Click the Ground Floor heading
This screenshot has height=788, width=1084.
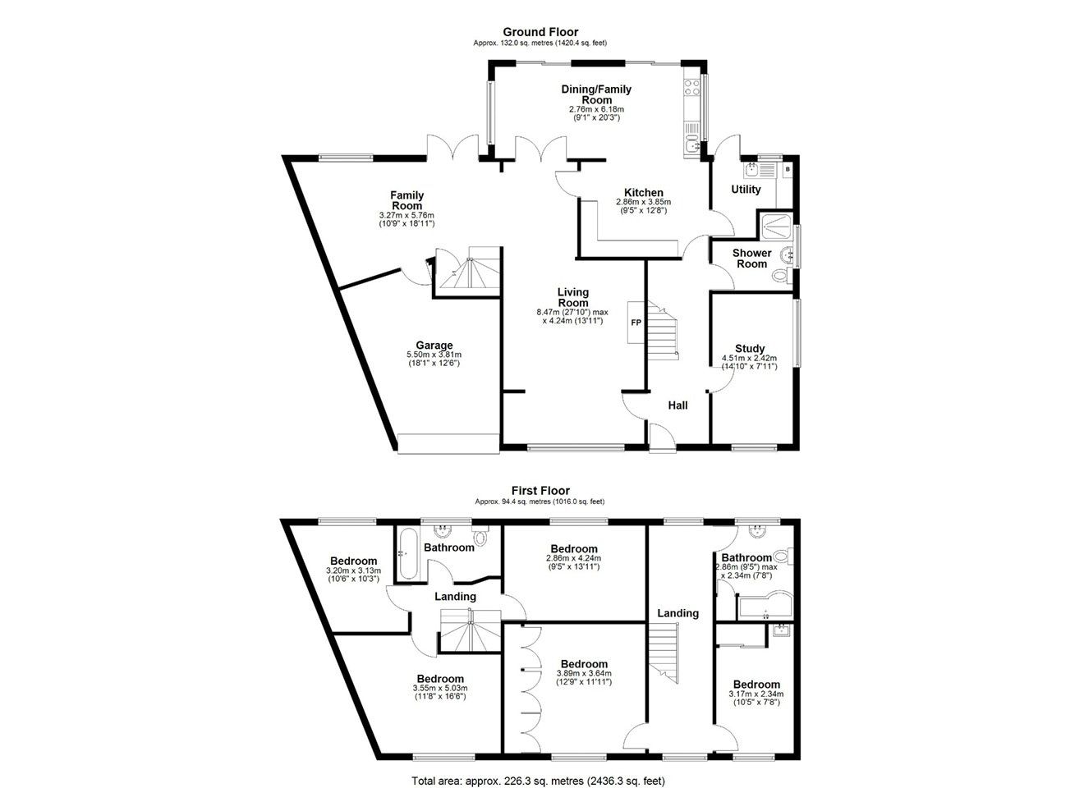pyautogui.click(x=540, y=32)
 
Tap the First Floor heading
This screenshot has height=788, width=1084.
pyautogui.click(x=540, y=491)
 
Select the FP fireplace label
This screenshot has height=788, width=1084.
pyautogui.click(x=636, y=322)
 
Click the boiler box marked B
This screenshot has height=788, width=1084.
pyautogui.click(x=788, y=169)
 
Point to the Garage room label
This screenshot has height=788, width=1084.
pyautogui.click(x=434, y=345)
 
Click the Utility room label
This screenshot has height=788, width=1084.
pyautogui.click(x=746, y=190)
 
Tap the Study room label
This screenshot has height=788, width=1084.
pyautogui.click(x=750, y=348)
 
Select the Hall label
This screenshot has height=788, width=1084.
pyautogui.click(x=677, y=405)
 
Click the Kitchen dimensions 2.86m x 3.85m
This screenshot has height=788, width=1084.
pyautogui.click(x=643, y=202)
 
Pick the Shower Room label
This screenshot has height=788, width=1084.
pyautogui.click(x=752, y=259)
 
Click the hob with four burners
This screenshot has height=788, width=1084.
pyautogui.click(x=692, y=87)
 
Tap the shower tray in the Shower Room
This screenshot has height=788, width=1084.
pyautogui.click(x=776, y=227)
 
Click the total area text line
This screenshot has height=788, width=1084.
pyautogui.click(x=538, y=767)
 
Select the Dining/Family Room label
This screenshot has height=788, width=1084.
pyautogui.click(x=596, y=94)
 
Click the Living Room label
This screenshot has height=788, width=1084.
pyautogui.click(x=573, y=297)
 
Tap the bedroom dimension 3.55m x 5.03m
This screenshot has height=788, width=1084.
pyautogui.click(x=440, y=689)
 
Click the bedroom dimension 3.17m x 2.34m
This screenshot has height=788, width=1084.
pyautogui.click(x=756, y=694)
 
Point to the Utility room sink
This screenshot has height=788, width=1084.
pyautogui.click(x=752, y=170)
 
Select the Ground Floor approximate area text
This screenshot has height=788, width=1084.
pyautogui.click(x=540, y=43)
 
